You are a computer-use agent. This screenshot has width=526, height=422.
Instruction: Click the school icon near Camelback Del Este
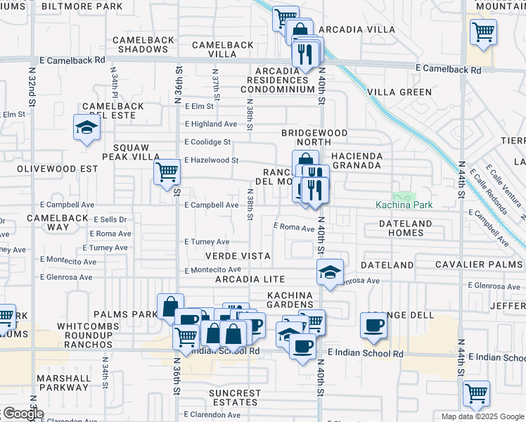click(x=86, y=128)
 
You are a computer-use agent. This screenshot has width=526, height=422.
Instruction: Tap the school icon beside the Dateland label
click(x=329, y=272)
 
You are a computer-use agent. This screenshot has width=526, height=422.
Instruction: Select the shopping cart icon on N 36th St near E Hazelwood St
click(x=167, y=171)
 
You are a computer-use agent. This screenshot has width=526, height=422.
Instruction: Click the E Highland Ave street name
click(x=211, y=124)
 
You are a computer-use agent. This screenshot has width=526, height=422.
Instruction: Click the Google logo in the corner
click(x=23, y=414)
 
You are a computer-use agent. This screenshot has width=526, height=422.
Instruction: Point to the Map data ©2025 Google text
click(x=482, y=416)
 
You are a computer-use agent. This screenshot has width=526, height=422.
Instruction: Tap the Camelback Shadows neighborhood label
click(x=141, y=44)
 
